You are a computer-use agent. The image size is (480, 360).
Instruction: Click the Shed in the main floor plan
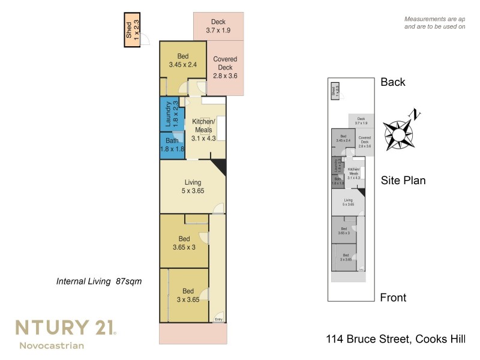[x=132, y=30]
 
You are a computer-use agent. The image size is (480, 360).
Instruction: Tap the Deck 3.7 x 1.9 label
[x=218, y=26]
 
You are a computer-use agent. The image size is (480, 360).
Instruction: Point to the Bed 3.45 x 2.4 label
[x=183, y=60]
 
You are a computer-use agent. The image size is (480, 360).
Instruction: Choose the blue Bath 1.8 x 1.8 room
[x=172, y=145]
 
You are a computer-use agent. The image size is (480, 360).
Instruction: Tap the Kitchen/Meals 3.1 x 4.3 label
[x=203, y=129]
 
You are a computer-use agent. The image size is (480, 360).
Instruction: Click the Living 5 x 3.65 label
[x=193, y=187]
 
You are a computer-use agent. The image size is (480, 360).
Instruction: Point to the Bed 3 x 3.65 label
[x=188, y=295]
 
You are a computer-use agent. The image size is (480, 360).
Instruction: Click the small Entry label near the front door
[x=218, y=319]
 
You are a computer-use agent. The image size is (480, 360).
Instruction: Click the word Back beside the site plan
[x=393, y=82]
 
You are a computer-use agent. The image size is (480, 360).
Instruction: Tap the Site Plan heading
[x=403, y=180]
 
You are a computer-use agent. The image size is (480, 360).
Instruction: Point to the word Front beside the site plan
[x=393, y=298]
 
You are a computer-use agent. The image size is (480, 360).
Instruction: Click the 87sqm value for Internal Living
[x=129, y=281]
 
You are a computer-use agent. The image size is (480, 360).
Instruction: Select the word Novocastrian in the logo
[x=52, y=345]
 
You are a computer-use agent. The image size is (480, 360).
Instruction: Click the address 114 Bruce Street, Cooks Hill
[x=393, y=340]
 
